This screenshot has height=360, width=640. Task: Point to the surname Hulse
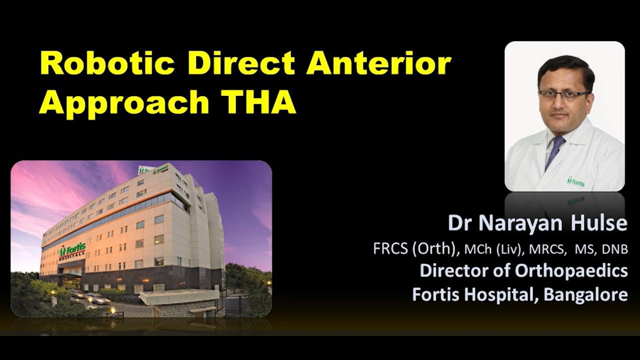coord(600,223)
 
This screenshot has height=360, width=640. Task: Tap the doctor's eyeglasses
coord(563,94)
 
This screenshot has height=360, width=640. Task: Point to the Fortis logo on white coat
coord(575,181)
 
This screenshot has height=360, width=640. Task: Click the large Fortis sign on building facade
coord(73,248)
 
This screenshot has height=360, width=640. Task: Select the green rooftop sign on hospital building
coord(153,169)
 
